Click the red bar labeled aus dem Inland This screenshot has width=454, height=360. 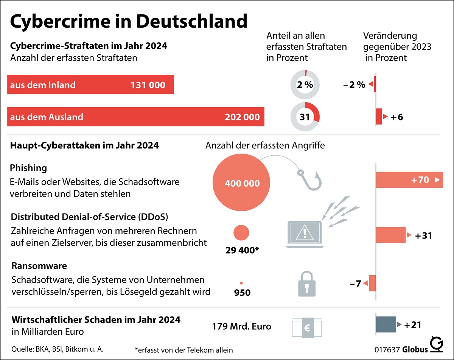(90, 85)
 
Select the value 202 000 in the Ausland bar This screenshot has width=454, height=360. (242, 117)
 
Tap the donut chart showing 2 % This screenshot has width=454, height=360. (305, 85)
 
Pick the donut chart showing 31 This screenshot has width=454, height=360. (305, 117)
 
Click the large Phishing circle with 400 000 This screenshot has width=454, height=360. (242, 183)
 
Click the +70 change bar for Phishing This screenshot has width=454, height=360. (409, 180)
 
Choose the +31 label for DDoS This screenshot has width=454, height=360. (423, 235)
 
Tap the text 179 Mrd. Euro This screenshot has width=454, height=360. (242, 326)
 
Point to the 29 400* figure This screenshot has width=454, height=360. (242, 250)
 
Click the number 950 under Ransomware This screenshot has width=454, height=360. (242, 292)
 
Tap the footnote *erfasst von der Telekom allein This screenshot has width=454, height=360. (183, 349)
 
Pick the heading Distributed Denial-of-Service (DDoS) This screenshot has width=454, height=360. (90, 217)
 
